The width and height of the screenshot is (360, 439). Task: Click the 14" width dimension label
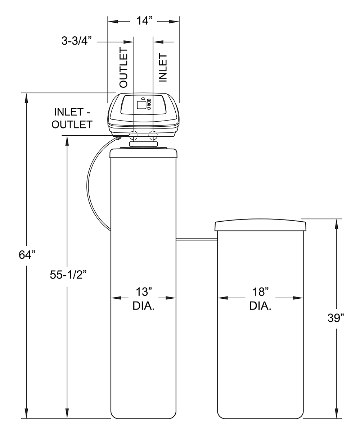click(144, 21)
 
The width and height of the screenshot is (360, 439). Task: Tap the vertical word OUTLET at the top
click(123, 68)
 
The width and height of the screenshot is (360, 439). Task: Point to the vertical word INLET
click(163, 68)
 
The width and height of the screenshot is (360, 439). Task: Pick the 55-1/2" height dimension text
click(68, 275)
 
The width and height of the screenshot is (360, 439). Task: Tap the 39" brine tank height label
click(336, 318)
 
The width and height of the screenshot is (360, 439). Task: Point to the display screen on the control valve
click(141, 105)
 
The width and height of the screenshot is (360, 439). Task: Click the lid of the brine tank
click(260, 226)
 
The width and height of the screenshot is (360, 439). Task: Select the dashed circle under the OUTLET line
click(134, 136)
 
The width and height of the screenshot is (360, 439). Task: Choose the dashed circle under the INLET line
click(153, 136)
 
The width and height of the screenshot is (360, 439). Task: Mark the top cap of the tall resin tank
click(144, 153)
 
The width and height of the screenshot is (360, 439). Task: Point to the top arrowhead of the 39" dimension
click(336, 224)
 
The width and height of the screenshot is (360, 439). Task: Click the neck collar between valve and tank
click(143, 144)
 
